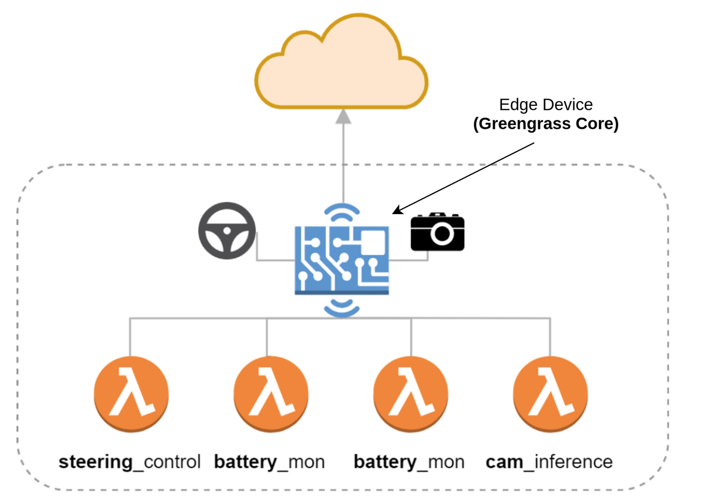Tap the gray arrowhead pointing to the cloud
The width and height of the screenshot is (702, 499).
343,117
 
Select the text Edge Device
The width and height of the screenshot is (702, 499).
545,105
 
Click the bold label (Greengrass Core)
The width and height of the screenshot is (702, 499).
545,125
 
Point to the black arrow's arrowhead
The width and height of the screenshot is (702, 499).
396,211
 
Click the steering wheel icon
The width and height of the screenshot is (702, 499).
226,232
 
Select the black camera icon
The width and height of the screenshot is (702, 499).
438,232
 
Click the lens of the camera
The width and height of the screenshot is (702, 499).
442,234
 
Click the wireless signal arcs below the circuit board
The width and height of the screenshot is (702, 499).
342,308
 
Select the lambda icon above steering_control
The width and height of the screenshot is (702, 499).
130,393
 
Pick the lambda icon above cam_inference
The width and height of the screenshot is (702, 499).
550,393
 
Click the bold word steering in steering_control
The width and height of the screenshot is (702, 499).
96,462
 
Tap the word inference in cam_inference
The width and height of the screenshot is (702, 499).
574,462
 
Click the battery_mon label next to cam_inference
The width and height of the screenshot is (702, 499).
409,462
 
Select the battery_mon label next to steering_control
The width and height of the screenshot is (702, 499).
269,462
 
